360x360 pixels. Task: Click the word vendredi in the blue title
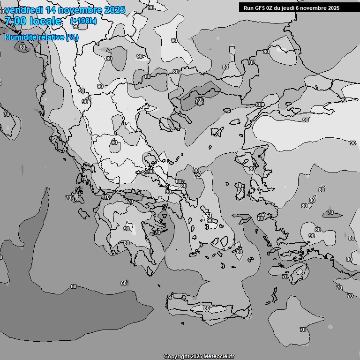24,10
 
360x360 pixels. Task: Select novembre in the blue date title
81,10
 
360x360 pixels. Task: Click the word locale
45,21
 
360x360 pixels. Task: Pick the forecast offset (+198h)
83,21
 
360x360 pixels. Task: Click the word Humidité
21,37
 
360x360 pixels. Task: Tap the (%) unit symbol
72,37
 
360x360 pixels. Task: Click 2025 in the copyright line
197,357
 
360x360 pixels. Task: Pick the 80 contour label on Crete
207,308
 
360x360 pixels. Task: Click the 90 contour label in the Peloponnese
127,229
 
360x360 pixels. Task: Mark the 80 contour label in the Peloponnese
127,243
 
